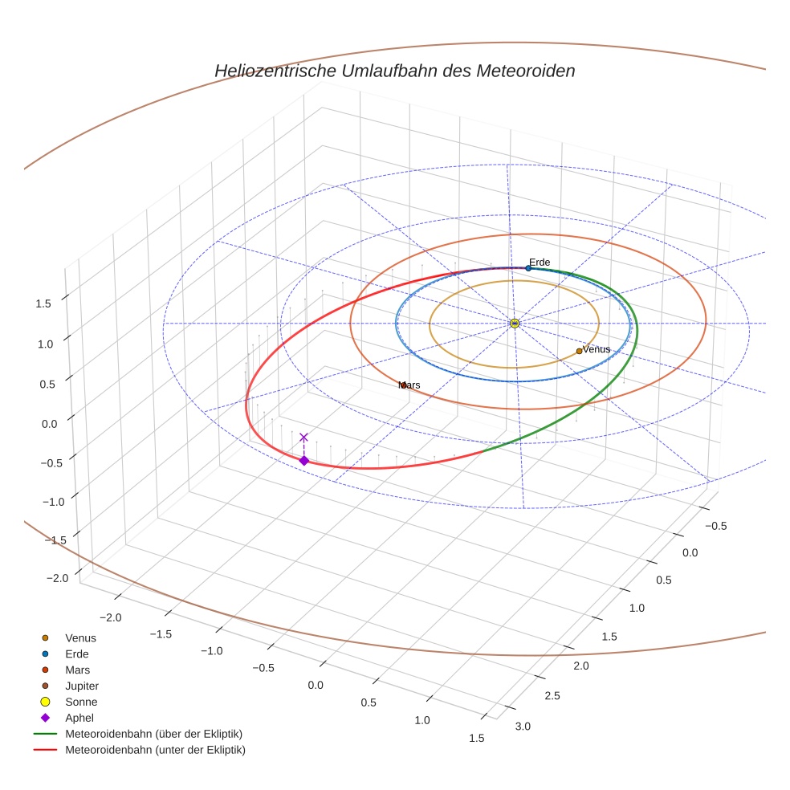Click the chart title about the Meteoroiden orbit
394,71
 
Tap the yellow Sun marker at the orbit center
515,323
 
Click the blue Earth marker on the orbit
528,268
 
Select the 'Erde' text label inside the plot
540,262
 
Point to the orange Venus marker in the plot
579,351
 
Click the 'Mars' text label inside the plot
409,385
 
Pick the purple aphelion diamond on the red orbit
303,460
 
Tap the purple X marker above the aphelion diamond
303,437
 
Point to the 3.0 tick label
523,727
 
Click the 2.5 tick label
552,695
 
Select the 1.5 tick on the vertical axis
43,303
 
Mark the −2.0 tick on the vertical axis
56,578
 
